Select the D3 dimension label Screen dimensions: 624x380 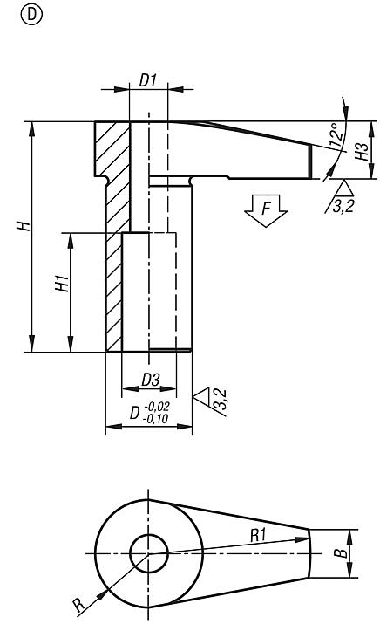(x=150, y=380)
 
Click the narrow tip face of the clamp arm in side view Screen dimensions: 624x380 (x=311, y=161)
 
